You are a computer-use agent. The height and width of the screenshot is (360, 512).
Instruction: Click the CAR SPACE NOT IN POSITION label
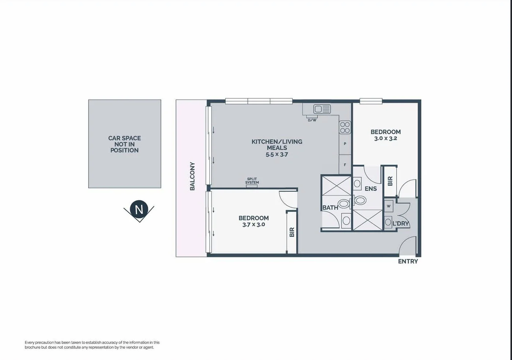tap(124, 144)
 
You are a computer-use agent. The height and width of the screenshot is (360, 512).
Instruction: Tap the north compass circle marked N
tap(139, 209)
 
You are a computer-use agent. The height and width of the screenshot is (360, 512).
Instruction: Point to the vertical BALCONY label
tap(192, 176)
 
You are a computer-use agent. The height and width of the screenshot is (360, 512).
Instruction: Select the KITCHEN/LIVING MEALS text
tap(277, 145)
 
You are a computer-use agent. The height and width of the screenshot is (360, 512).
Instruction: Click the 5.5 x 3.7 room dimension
tap(277, 155)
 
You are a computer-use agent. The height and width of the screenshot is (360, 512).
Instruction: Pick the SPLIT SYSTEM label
tap(252, 181)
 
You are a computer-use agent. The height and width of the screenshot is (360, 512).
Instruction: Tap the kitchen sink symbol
tap(322, 109)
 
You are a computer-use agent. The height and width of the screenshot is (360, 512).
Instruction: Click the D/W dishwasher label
tap(312, 120)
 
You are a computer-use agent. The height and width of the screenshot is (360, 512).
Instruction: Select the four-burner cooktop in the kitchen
tap(345, 127)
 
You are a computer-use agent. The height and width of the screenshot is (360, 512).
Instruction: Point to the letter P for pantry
tap(345, 144)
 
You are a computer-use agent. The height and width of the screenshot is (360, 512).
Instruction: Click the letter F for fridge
tap(345, 165)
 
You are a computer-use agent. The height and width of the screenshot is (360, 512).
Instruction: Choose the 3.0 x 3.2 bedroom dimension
tap(385, 139)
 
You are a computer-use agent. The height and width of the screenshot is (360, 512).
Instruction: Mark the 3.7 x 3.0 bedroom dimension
tap(253, 225)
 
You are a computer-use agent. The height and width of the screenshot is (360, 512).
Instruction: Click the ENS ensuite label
tap(370, 189)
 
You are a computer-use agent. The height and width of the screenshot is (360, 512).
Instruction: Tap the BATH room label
tap(330, 208)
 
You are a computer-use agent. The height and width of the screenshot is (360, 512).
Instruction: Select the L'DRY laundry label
tap(400, 223)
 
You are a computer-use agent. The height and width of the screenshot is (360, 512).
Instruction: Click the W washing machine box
tap(388, 206)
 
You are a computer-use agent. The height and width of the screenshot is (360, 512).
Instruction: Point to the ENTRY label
tap(408, 261)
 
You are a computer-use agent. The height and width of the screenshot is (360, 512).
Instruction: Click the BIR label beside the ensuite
tap(390, 181)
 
